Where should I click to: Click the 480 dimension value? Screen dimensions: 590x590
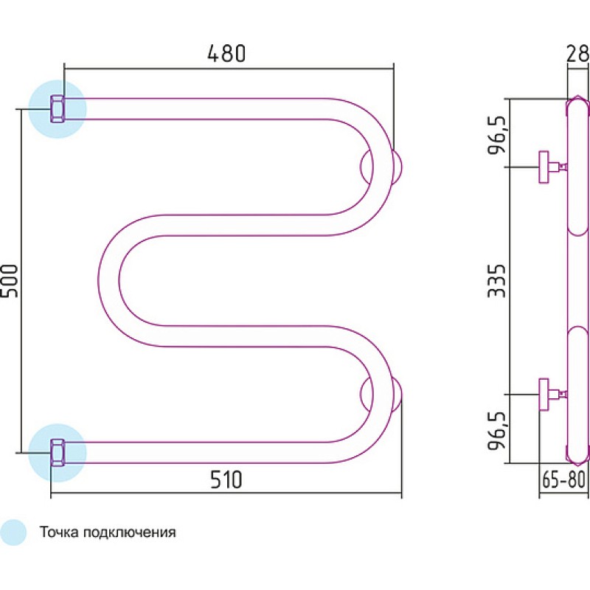pos(226,53)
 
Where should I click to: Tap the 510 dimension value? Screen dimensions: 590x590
pos(226,480)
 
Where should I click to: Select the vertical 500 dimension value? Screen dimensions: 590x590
pos(10,281)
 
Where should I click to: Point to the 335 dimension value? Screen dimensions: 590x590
pos(496,281)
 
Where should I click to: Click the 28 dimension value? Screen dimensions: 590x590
pos(577,54)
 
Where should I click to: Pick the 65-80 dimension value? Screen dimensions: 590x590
pos(563,480)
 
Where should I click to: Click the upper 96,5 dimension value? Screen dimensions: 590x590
pos(496,133)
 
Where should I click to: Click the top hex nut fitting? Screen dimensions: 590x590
pos(58,109)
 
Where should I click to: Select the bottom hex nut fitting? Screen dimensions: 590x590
pos(58,453)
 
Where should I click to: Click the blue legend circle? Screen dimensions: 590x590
pos(13,532)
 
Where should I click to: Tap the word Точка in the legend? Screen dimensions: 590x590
pos(59,532)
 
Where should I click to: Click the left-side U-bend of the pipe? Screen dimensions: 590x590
pos(109,281)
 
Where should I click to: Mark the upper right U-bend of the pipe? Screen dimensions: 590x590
pos(383,167)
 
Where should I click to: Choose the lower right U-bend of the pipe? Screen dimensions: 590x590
pos(383,395)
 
